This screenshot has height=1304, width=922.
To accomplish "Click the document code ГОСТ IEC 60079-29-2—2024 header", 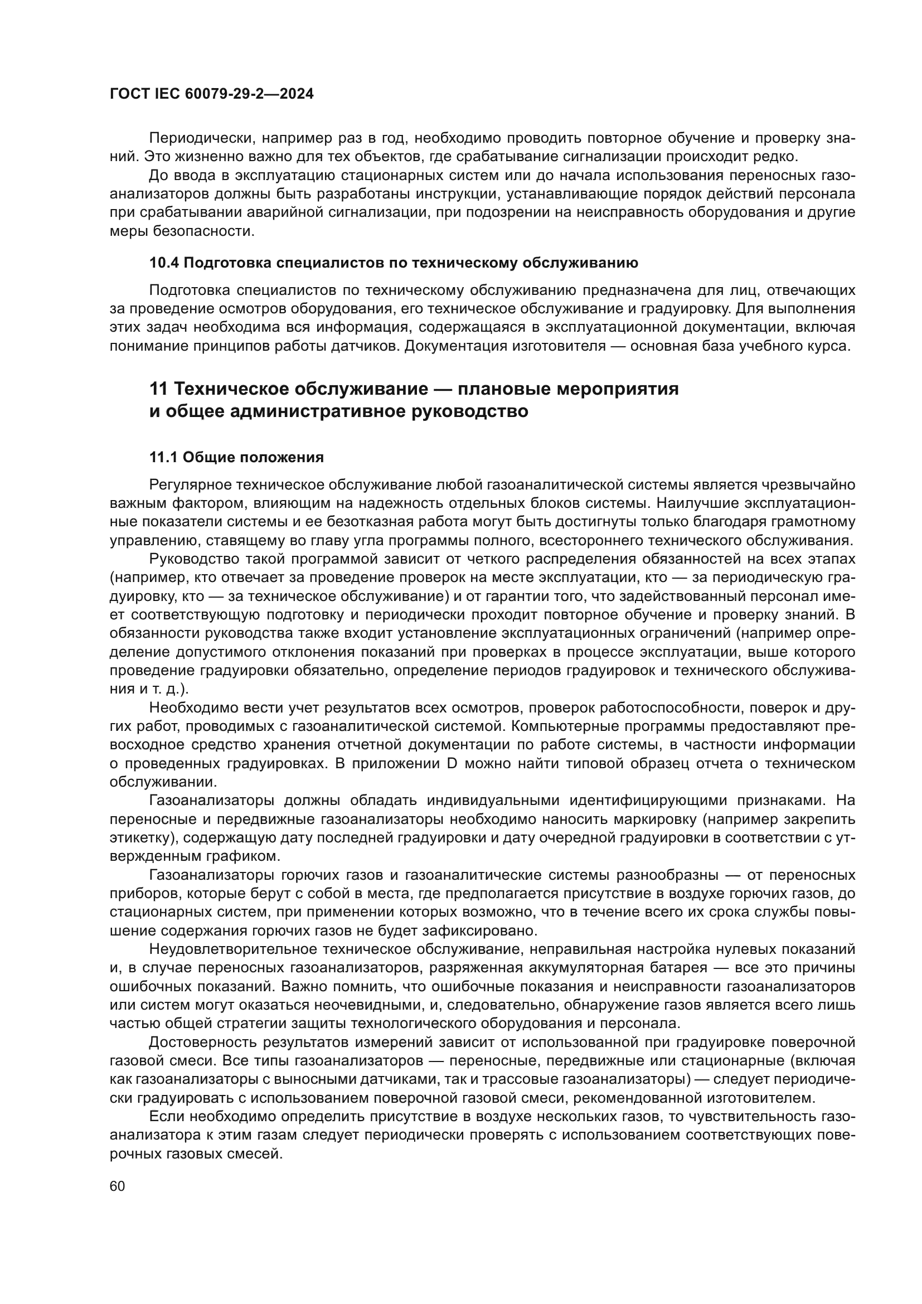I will click(x=211, y=94).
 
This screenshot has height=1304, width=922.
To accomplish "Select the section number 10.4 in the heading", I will click(x=163, y=263).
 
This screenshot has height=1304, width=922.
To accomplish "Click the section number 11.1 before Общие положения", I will click(x=163, y=458).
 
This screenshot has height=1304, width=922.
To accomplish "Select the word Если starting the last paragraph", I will click(x=166, y=1117).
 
